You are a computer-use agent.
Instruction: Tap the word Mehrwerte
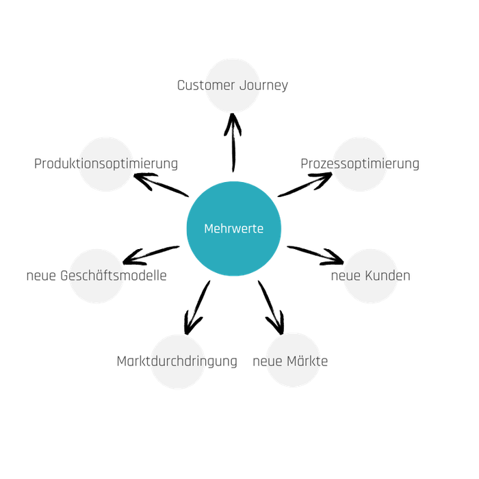point(234,229)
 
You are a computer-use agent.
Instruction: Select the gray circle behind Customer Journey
point(233,101)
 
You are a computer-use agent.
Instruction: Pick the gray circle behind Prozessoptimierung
point(360,179)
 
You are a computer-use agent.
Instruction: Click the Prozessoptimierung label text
point(360,164)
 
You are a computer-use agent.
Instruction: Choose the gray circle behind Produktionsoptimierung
point(106,179)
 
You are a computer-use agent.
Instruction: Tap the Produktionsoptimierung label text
point(106,164)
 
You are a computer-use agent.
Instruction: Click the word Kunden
point(388,276)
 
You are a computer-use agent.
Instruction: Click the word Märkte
point(308,361)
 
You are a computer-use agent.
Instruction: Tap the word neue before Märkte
point(268,361)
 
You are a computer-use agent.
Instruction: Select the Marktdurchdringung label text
point(177,361)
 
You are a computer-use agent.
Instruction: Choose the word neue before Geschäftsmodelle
point(40,276)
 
